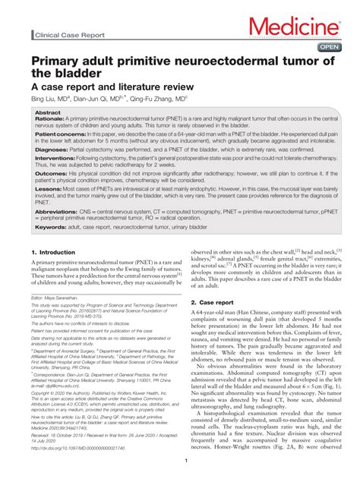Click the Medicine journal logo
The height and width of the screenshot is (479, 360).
click(298, 29)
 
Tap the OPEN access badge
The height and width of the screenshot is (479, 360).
click(329, 47)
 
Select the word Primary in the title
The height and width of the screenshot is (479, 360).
click(55, 61)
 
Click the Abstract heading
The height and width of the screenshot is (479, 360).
click(48, 112)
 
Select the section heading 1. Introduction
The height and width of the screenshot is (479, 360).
click(53, 252)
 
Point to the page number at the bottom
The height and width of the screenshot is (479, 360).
click(185, 460)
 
